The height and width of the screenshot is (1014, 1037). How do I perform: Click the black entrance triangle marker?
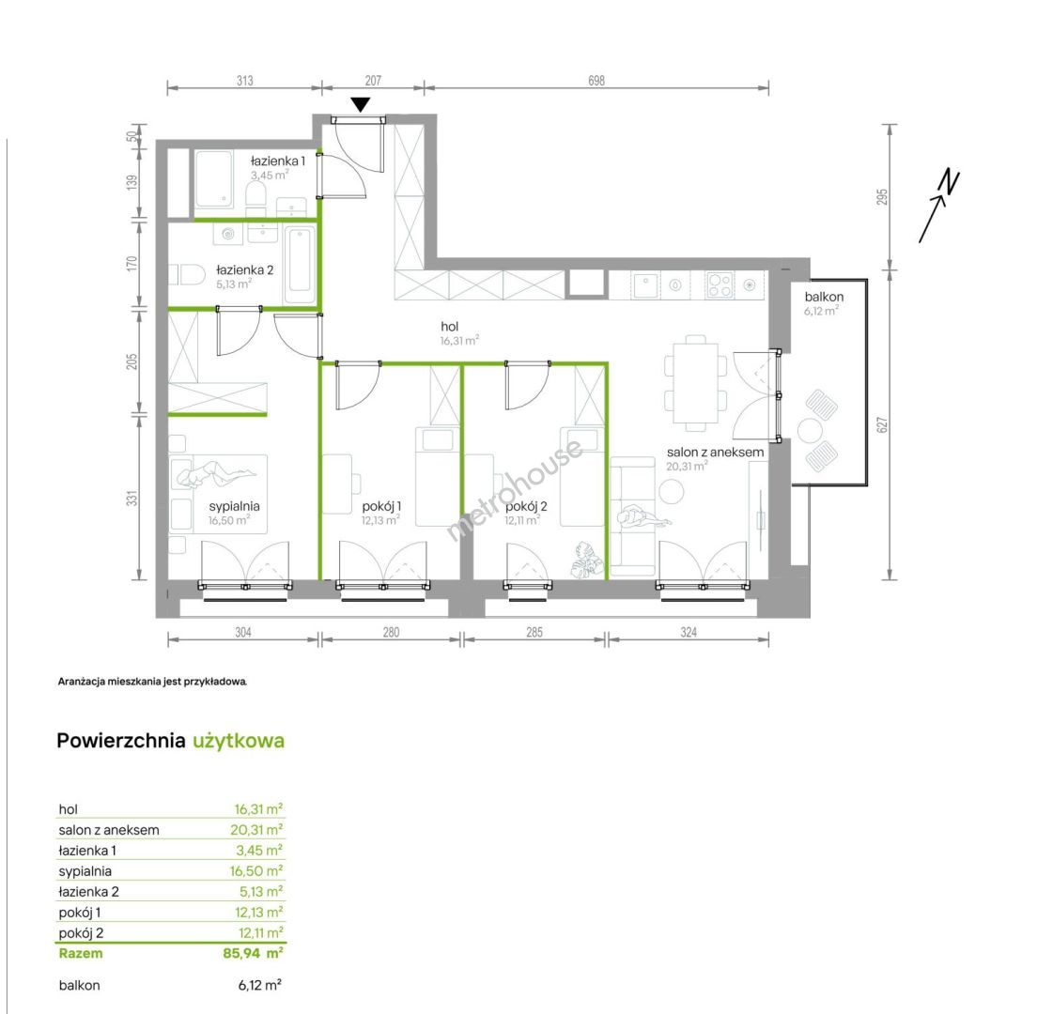click(361, 104)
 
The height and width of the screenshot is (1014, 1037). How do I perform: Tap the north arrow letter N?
click(950, 183)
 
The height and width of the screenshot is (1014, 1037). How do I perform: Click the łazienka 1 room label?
click(278, 161)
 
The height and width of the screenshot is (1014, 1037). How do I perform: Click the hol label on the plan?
click(450, 327)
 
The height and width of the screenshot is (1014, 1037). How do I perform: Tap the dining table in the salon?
click(695, 383)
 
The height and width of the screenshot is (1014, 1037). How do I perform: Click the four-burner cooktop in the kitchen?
click(720, 284)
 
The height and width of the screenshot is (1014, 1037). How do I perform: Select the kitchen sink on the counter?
click(645, 284)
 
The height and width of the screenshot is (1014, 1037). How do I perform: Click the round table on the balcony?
click(810, 431)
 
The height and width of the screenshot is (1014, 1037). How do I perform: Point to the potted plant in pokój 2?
click(587, 561)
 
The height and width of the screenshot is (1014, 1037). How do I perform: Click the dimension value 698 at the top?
click(596, 81)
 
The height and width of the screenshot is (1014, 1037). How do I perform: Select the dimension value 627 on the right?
click(882, 425)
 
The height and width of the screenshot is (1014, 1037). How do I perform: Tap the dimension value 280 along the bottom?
click(391, 633)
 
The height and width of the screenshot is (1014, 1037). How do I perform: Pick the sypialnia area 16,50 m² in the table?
click(256, 871)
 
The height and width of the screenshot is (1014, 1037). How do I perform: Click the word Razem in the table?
click(81, 953)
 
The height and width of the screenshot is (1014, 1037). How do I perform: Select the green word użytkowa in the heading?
click(239, 741)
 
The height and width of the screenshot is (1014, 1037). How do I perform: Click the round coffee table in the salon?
click(672, 491)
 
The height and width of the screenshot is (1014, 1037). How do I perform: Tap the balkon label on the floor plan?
click(824, 297)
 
